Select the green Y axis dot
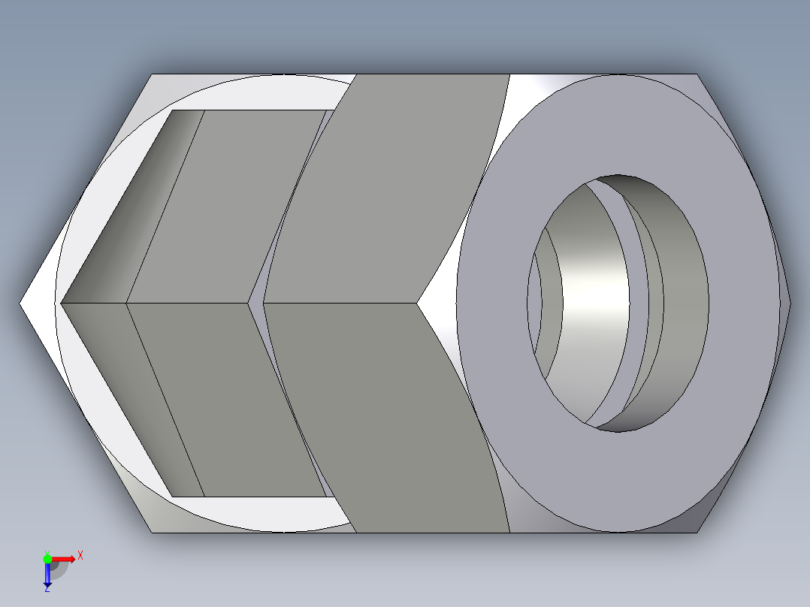tap(47, 557)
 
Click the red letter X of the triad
tap(80, 555)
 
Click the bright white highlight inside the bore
tap(597, 293)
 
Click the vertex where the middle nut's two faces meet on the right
tap(418, 303)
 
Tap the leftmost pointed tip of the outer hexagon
tap(21, 303)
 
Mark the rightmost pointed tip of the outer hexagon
tap(790, 303)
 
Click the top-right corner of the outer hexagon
tap(696, 74)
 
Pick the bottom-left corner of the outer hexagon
tap(153, 532)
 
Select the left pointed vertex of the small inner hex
tap(62, 303)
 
